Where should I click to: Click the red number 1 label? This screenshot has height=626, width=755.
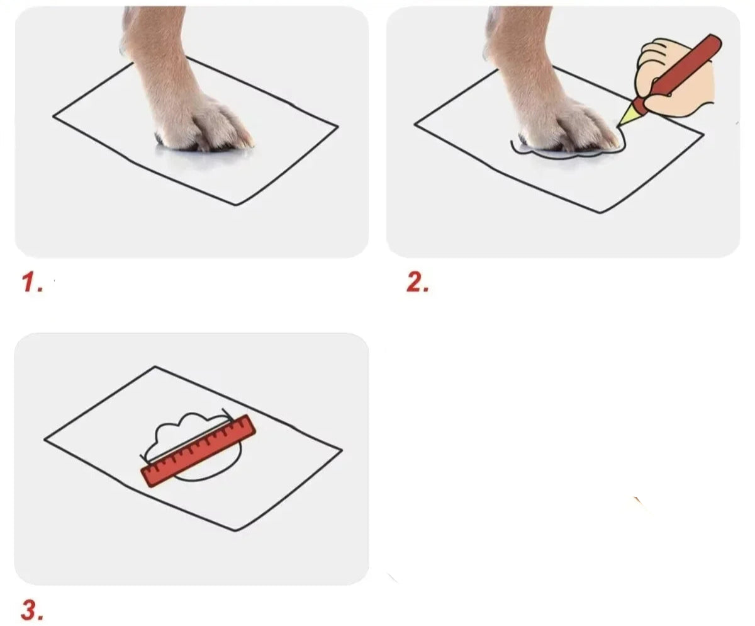[32, 282]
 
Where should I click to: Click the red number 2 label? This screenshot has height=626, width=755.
[418, 282]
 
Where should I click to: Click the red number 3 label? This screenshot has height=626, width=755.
[32, 610]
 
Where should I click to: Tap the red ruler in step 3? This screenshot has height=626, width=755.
[199, 451]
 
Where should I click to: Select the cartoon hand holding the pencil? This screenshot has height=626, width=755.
[674, 78]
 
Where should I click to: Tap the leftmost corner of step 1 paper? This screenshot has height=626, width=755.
[53, 117]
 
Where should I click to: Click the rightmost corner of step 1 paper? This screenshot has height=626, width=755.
[338, 127]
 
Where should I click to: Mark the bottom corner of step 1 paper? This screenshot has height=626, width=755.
[237, 205]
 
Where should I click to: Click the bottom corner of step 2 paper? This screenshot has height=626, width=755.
[601, 212]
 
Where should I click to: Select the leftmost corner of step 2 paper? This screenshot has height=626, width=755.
[415, 124]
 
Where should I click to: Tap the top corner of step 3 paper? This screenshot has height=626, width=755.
[155, 367]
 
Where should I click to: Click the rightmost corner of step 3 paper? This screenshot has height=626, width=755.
[342, 450]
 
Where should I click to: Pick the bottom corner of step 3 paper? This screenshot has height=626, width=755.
[236, 531]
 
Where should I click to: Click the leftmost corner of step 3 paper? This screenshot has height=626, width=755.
[45, 440]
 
